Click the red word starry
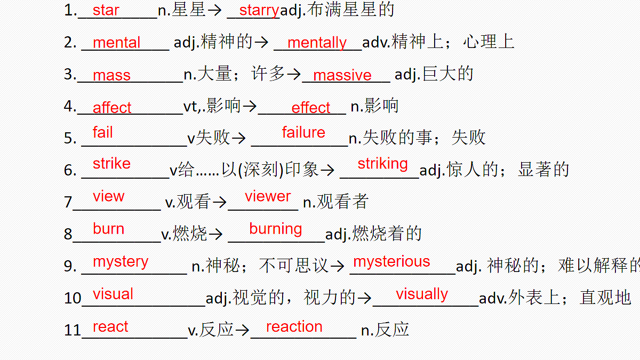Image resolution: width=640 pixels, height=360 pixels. [x=259, y=11]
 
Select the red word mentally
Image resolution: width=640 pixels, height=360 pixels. [x=317, y=43]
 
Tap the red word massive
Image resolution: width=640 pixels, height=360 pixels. [x=342, y=75]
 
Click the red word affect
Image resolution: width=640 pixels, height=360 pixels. [x=111, y=107]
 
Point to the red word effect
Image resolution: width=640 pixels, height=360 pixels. [x=310, y=107]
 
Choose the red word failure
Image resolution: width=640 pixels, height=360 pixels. [x=303, y=132]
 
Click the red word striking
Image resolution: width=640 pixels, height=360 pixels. [x=382, y=164]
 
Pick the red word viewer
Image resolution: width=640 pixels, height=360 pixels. [x=268, y=196]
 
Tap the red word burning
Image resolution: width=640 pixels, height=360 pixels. [x=275, y=229]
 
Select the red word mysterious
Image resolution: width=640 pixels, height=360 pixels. [x=391, y=262]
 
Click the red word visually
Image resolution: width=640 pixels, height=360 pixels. [x=422, y=294]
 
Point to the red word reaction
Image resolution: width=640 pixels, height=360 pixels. [x=294, y=326]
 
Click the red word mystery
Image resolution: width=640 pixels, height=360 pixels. [x=121, y=262]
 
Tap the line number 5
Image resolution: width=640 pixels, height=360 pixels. [x=69, y=138]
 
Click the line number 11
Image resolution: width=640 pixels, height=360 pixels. [x=73, y=330]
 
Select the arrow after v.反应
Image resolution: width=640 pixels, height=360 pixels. [x=242, y=331]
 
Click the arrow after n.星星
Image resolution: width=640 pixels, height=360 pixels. [x=214, y=11]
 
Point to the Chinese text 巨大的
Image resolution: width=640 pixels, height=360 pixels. [x=448, y=74]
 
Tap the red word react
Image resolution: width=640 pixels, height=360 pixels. [x=110, y=326]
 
